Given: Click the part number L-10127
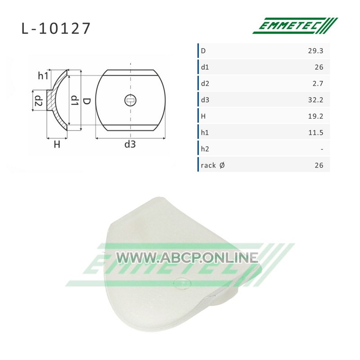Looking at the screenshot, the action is click(56, 28).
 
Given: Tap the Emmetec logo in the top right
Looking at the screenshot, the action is click(295, 26).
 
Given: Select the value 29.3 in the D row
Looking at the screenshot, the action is click(315, 51).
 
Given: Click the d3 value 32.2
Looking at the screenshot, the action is click(315, 100).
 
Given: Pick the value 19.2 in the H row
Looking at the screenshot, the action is click(315, 116).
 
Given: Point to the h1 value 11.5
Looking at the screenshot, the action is click(316, 133).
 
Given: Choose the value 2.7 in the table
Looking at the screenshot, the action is click(318, 84).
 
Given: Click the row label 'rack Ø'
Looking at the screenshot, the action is click(212, 165).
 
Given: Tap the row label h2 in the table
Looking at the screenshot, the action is click(205, 149).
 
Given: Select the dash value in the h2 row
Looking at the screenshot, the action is click(322, 149).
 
